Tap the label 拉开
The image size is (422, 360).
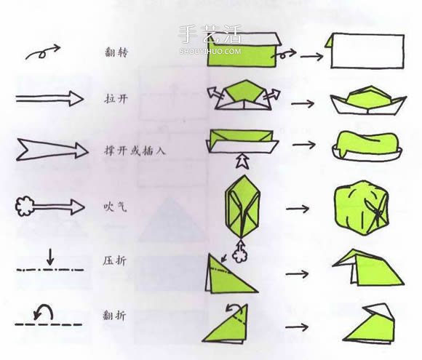(x=116, y=99)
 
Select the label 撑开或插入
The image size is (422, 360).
(x=135, y=151)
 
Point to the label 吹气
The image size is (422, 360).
(x=115, y=207)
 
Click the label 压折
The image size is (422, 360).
(x=114, y=260)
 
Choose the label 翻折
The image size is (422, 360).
(x=114, y=315)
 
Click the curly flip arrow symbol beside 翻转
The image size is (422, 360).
(x=42, y=53)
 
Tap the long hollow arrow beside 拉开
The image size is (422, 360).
(x=49, y=98)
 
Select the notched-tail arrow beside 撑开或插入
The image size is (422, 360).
(x=52, y=150)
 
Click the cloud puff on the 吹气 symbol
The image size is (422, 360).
(x=24, y=207)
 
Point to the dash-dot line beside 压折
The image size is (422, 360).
(x=50, y=270)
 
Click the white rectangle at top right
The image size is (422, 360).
(x=367, y=51)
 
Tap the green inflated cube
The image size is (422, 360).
(x=362, y=207)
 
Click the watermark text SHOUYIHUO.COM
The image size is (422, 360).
(x=210, y=51)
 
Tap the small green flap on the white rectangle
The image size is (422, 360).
(x=329, y=41)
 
